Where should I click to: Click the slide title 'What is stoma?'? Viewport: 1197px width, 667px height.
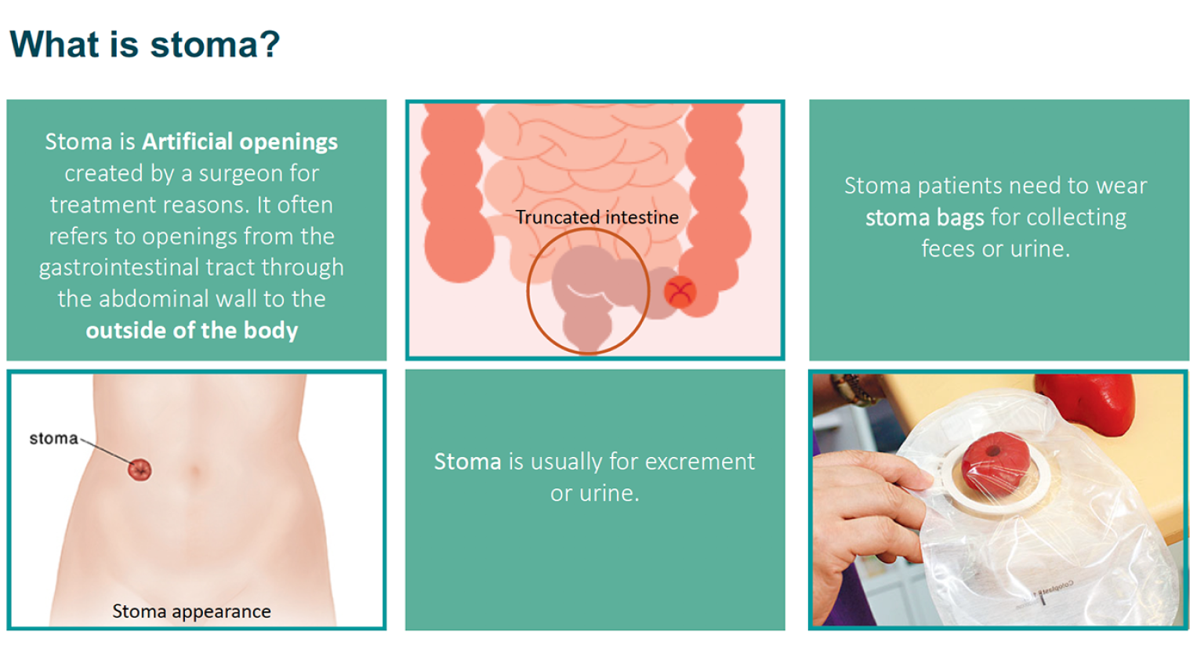145,44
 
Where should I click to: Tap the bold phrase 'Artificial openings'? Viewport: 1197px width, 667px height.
240,142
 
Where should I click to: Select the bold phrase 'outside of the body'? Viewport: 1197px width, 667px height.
192,331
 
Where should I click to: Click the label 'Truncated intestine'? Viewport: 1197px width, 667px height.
597,218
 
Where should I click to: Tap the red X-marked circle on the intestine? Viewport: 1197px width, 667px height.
680,292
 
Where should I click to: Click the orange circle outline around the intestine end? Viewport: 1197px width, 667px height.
528,292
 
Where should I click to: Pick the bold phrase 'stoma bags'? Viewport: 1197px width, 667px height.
924,218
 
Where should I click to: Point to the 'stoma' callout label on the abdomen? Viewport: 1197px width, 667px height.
53,439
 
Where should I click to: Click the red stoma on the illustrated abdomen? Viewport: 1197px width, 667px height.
140,469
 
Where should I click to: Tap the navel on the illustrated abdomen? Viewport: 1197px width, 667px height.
194,471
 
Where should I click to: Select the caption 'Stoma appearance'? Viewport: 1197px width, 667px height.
191,611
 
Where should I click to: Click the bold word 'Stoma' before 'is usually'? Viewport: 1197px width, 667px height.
467,462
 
